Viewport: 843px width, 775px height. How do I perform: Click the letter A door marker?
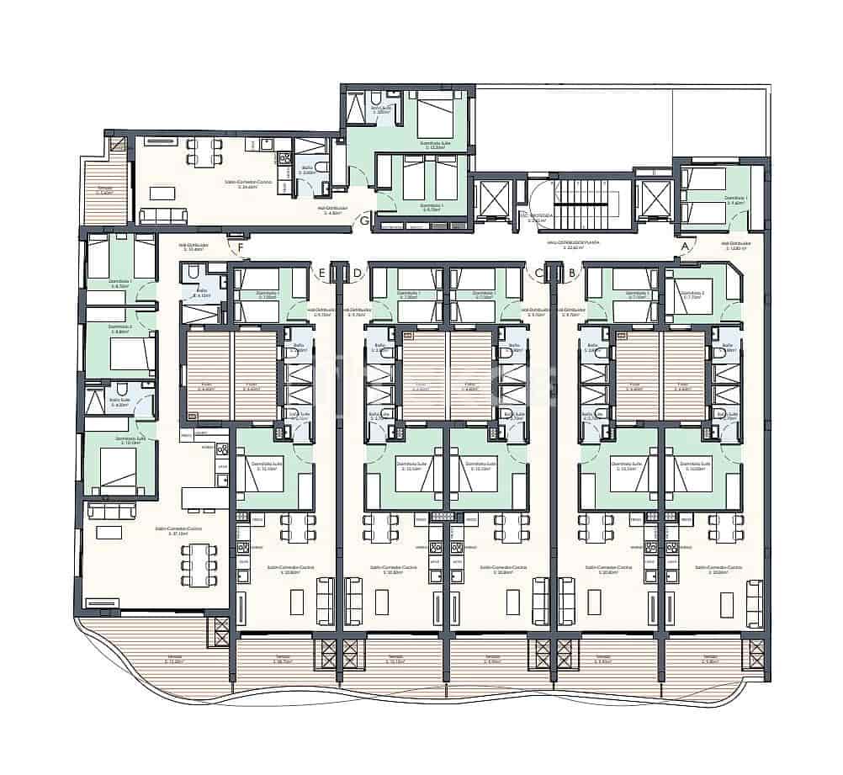click(686, 246)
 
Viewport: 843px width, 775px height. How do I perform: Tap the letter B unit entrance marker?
click(572, 272)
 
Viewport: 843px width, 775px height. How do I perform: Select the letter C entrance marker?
click(539, 272)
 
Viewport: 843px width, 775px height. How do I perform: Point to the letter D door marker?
click(358, 272)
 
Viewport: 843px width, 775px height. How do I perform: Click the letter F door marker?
click(241, 247)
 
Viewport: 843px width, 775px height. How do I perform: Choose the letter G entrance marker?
click(364, 221)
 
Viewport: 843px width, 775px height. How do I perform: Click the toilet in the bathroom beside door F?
click(190, 271)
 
